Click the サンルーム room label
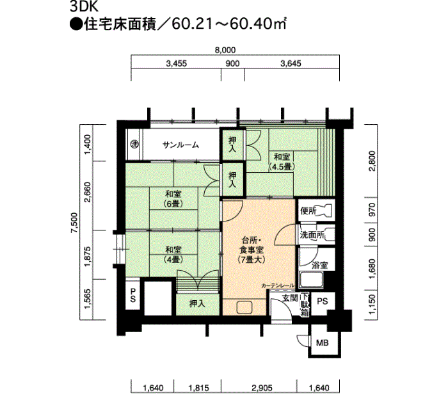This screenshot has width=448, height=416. [180, 145]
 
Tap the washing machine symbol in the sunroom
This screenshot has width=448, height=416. [134, 144]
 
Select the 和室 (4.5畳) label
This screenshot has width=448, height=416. [282, 161]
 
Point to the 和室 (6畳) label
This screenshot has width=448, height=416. [173, 199]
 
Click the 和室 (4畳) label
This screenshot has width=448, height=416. [173, 255]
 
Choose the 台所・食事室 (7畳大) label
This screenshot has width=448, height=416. [252, 250]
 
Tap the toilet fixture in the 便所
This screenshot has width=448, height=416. [326, 211]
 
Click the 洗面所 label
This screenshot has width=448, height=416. [312, 235]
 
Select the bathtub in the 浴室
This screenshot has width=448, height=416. [311, 280]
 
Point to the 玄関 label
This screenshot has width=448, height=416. [290, 298]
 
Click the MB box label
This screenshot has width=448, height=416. [323, 342]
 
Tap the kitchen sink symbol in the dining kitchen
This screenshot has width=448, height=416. [244, 307]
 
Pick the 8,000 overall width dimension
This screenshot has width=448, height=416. [225, 51]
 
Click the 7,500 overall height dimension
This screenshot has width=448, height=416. [74, 223]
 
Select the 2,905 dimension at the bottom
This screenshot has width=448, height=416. [262, 388]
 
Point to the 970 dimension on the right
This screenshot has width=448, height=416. [372, 209]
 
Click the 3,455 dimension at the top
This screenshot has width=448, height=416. [176, 63]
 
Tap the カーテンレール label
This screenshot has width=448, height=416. [278, 285]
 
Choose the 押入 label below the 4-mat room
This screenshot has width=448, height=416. [197, 304]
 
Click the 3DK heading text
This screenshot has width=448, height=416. [84, 7]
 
